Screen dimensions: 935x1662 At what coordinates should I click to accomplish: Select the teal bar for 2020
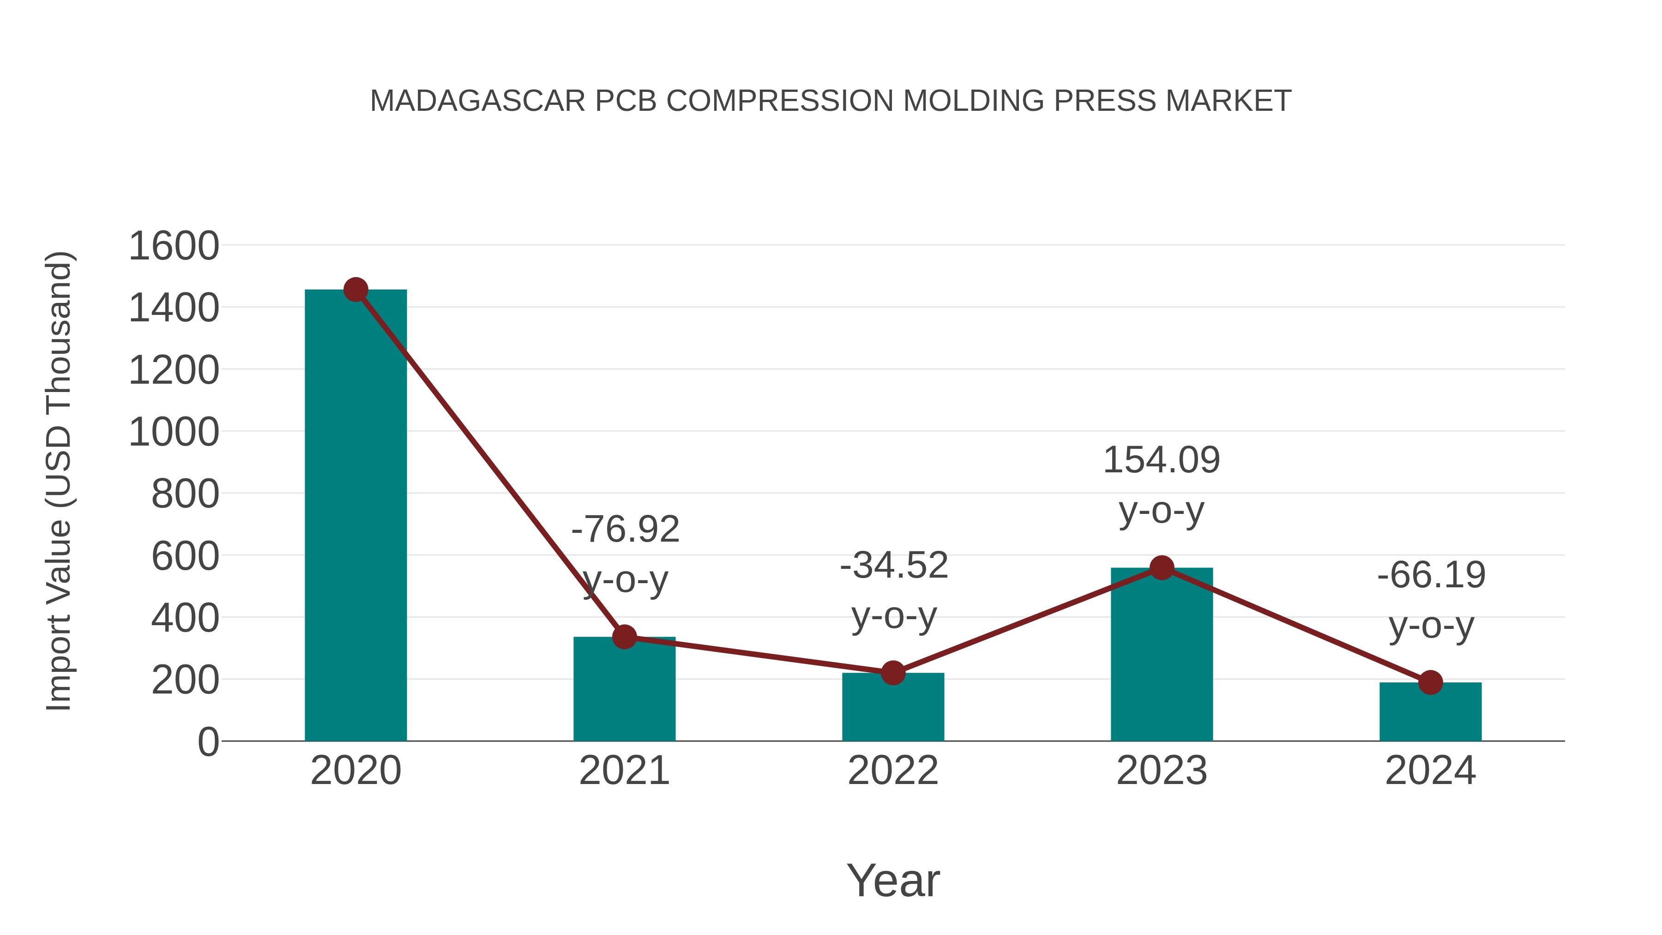pos(355,516)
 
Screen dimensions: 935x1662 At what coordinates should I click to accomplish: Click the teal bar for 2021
pos(624,690)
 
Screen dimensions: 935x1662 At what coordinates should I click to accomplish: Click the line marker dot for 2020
pos(355,290)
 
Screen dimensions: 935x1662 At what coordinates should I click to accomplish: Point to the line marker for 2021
pos(624,637)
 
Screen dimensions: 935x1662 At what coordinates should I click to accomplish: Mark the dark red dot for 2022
pos(892,673)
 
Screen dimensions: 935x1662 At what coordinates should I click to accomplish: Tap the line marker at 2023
pos(1162,568)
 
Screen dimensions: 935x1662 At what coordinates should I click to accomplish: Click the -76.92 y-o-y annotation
pos(625,529)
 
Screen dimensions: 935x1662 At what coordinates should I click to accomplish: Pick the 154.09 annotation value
pos(1162,460)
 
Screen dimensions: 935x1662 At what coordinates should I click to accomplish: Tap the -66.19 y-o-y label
pos(1431,575)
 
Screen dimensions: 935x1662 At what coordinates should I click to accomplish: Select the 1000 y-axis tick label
pos(174,432)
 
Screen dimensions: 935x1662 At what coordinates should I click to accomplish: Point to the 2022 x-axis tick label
pos(892,771)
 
